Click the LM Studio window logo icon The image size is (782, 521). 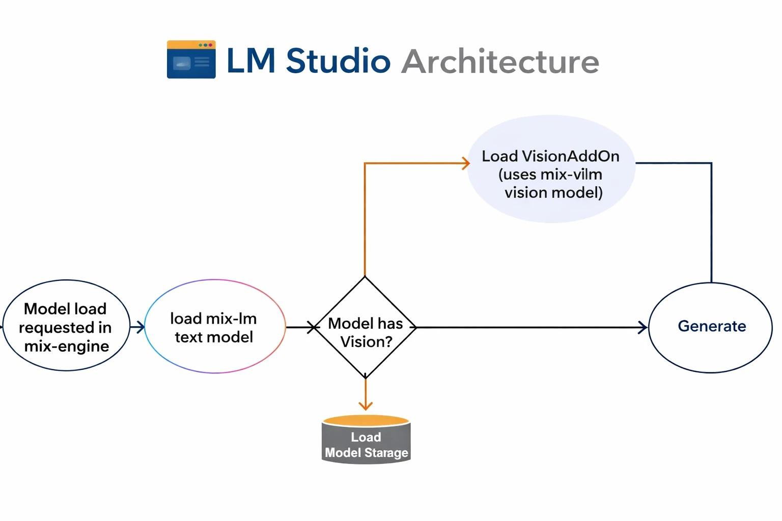click(x=191, y=60)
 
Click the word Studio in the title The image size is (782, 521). click(x=338, y=61)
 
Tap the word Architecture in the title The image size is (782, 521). click(x=500, y=62)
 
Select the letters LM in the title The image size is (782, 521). click(x=250, y=61)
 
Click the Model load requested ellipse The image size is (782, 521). click(x=66, y=326)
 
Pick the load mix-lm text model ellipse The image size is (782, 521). click(x=214, y=327)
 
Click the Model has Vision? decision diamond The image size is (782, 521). click(x=365, y=327)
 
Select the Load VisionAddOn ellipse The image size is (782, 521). click(x=551, y=169)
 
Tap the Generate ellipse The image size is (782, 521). click(x=711, y=327)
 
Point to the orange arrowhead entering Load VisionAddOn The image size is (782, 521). click(x=465, y=163)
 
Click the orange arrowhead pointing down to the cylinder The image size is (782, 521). click(x=366, y=405)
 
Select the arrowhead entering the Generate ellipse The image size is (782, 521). click(x=643, y=327)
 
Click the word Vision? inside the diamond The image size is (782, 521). click(x=366, y=342)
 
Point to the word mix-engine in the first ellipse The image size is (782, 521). click(x=67, y=346)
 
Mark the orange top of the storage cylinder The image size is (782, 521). click(x=366, y=421)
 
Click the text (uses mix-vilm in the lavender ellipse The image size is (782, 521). click(x=550, y=175)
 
